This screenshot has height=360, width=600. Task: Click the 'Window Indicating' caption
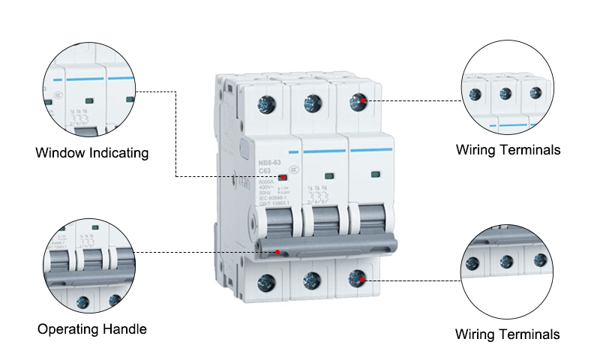pos(92,153)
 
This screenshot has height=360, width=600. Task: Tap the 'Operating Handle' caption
pos(92,328)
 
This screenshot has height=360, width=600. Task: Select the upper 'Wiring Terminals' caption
pos(508,150)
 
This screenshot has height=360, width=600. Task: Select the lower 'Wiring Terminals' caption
pos(508,334)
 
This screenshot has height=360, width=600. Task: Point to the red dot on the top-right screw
pos(362,100)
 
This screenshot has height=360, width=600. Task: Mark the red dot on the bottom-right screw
pos(361,279)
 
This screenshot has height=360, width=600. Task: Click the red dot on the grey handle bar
pos(277,252)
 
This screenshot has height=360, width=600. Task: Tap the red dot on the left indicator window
pos(283,178)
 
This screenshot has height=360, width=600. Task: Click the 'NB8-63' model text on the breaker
pos(269,162)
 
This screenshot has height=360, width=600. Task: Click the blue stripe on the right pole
pos(373,150)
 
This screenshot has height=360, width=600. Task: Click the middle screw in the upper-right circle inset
pos(506,94)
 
